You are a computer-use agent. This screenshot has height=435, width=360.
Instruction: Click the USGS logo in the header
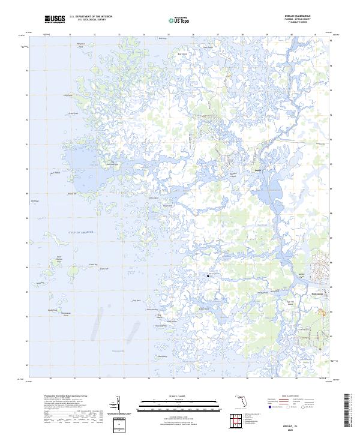(55, 20)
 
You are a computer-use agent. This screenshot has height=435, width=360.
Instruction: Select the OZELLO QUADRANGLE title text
(302, 17)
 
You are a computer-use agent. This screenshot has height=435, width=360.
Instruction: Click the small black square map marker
(208, 275)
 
